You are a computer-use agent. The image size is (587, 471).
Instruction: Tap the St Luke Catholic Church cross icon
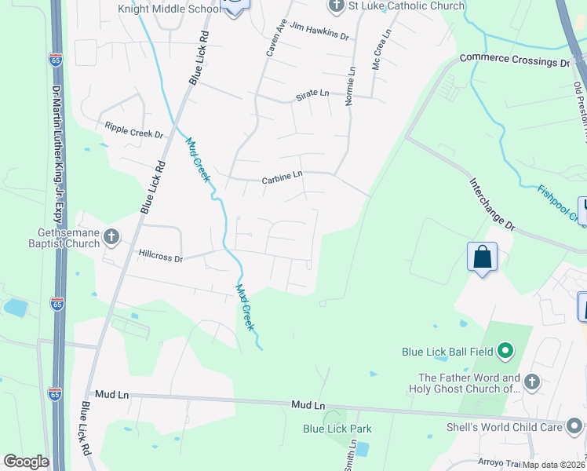tap(337, 6)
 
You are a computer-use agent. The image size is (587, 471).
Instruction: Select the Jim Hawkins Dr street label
tap(319, 31)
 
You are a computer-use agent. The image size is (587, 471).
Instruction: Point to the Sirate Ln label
tap(312, 93)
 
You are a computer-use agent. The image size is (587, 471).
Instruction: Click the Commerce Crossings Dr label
tap(514, 60)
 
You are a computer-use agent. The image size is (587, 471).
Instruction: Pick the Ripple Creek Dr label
tap(133, 130)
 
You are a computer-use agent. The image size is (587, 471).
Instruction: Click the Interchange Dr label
tap(492, 203)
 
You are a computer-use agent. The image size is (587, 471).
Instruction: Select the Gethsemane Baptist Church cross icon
tap(111, 236)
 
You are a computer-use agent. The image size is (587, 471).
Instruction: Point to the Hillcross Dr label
tap(160, 256)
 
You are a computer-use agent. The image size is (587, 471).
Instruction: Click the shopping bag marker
tap(482, 257)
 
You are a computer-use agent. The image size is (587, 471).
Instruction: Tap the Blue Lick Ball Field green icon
tap(505, 351)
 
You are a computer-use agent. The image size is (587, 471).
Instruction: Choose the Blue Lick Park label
tap(337, 429)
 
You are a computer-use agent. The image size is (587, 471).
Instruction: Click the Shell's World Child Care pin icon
tap(575, 426)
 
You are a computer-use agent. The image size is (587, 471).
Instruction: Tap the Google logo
tap(26, 462)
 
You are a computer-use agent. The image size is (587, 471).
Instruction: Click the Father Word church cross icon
tap(531, 382)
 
